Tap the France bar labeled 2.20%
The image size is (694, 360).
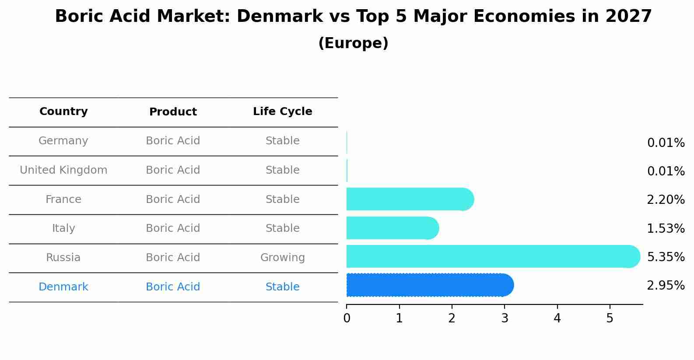click(x=409, y=199)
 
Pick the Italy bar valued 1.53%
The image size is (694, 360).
click(x=392, y=228)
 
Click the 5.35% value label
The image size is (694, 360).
click(x=666, y=257)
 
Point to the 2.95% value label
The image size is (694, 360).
click(x=666, y=286)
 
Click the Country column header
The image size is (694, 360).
click(x=63, y=112)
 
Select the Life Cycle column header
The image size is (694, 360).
click(x=282, y=112)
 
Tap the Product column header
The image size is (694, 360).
click(x=173, y=112)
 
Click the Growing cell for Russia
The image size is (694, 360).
click(x=282, y=258)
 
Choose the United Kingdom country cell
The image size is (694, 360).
click(x=63, y=170)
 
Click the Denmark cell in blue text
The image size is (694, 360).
click(x=63, y=287)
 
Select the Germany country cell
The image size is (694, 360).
click(x=63, y=141)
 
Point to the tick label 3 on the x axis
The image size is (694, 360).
click(x=505, y=318)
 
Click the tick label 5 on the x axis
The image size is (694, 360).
click(x=610, y=318)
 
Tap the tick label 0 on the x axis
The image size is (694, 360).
click(x=347, y=318)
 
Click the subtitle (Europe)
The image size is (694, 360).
click(x=353, y=43)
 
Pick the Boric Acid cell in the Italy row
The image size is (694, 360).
click(x=173, y=228)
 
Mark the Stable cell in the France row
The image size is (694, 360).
click(x=282, y=199)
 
